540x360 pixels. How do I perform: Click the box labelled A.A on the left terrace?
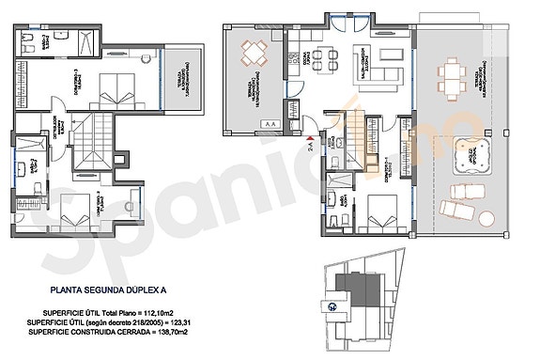tap(270, 123)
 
